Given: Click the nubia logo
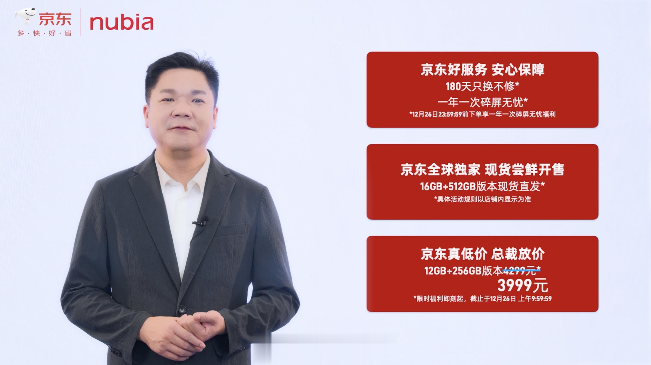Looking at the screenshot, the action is pos(121,23).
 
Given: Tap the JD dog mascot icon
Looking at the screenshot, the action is pos(25,16).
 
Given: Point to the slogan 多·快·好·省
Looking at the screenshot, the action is pos(44,33).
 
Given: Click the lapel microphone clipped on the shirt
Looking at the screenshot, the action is pos(201,222).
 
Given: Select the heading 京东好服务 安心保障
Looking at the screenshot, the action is pos(482,70).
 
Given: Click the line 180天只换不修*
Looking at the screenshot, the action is pos(482,87).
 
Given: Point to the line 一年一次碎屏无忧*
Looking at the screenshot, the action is pos(482,102).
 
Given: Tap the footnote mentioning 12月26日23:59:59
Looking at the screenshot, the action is pos(482,114).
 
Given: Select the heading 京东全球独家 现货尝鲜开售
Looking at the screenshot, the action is pos(482,169).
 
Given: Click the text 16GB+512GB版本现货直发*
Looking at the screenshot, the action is pos(482,187).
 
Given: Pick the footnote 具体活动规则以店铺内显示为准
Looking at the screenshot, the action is pos(482,199).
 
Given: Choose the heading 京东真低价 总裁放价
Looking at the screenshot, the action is pos(482,254).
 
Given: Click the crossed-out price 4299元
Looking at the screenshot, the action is pos(519,271).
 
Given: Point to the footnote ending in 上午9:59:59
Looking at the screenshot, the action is pos(482,299).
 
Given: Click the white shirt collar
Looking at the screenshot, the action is pos(182,175).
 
